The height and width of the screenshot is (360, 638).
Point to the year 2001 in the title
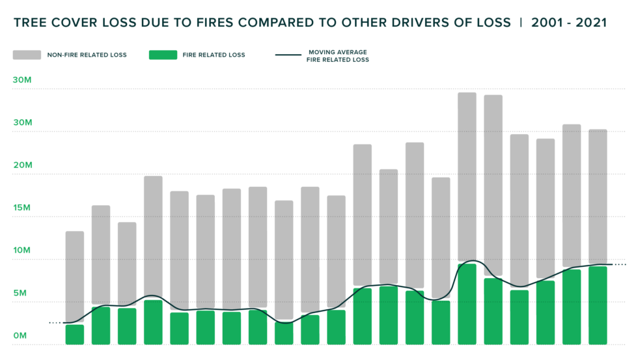pyautogui.click(x=549, y=23)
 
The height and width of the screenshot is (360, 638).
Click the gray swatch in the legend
pyautogui.click(x=27, y=55)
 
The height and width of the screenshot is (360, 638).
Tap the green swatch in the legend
pyautogui.click(x=163, y=55)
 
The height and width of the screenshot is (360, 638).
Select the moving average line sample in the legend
pyautogui.click(x=288, y=55)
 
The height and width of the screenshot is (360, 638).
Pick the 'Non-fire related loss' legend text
pyautogui.click(x=87, y=55)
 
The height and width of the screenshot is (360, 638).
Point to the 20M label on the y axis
pyautogui.click(x=22, y=165)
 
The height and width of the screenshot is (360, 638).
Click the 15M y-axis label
pyautogui.click(x=22, y=208)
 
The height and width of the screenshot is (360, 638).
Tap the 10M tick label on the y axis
pyautogui.click(x=22, y=251)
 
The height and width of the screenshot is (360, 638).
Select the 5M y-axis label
pyautogui.click(x=20, y=293)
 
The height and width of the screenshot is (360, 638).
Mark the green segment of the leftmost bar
pyautogui.click(x=75, y=334)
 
